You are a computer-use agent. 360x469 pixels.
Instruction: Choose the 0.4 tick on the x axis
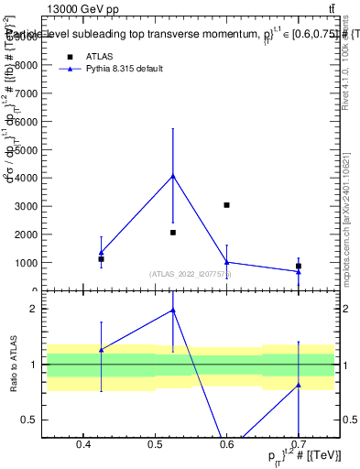pos(83,445)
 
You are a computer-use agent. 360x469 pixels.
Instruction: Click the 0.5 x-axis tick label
pos(155,445)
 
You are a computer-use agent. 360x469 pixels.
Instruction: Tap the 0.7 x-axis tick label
pos(299,445)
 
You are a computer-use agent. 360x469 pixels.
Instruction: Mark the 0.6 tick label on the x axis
pos(226,445)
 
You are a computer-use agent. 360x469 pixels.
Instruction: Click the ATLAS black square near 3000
pos(226,205)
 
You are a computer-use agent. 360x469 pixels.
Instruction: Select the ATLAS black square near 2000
pos(173,233)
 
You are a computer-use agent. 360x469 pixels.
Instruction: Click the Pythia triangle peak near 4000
pos(173,176)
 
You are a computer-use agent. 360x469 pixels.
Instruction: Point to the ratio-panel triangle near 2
pos(173,311)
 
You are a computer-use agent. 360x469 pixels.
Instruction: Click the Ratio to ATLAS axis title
pos(14,365)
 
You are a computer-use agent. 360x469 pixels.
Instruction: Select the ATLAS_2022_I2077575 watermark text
pos(191,274)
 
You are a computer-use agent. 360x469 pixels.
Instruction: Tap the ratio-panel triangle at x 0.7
pos(299,385)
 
